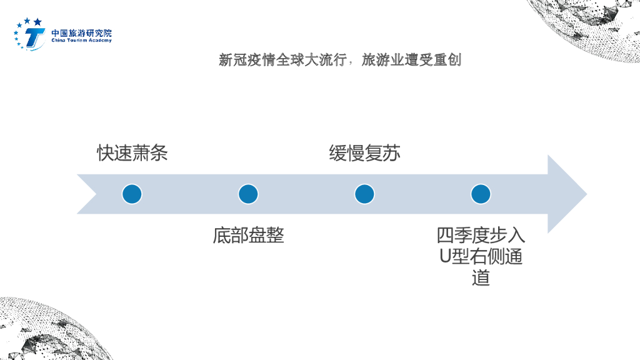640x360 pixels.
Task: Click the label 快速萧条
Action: coord(132,153)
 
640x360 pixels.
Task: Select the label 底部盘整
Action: coord(248,236)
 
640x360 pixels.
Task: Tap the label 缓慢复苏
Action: coord(364,153)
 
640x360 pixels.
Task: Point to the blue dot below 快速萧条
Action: coord(132,194)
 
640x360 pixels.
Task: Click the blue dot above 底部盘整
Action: coord(248,194)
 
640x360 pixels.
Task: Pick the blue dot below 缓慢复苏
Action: coord(364,194)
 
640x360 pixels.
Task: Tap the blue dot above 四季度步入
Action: coord(481,194)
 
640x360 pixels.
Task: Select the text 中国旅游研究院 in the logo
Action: coord(81,32)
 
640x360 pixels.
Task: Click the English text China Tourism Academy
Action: coord(81,41)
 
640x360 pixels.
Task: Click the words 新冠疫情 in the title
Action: coord(243,61)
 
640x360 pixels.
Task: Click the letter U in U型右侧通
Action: coord(445,257)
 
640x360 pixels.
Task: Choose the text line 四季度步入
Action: coord(481,236)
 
